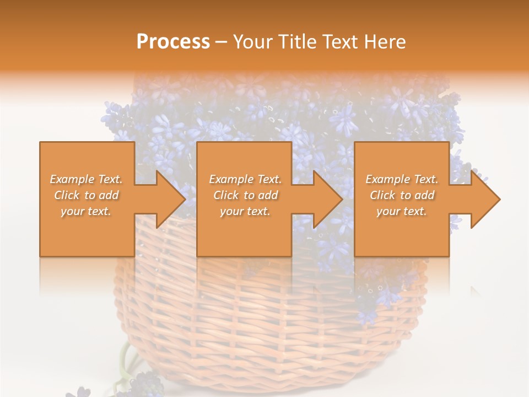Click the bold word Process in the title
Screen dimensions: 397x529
(x=173, y=41)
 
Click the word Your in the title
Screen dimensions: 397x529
(x=252, y=41)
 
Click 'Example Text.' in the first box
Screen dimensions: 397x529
(x=87, y=179)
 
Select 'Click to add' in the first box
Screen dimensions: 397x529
(x=87, y=195)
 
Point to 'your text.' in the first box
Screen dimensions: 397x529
(x=87, y=211)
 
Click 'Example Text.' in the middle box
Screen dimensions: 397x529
(x=245, y=179)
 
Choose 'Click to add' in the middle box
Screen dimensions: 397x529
(x=245, y=195)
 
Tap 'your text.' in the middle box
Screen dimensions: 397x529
(x=245, y=211)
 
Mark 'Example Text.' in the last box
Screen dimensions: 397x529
(x=402, y=179)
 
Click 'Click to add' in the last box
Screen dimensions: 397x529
(x=402, y=195)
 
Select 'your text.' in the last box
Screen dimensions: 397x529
(x=402, y=211)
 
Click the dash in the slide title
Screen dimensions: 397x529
(x=222, y=42)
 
